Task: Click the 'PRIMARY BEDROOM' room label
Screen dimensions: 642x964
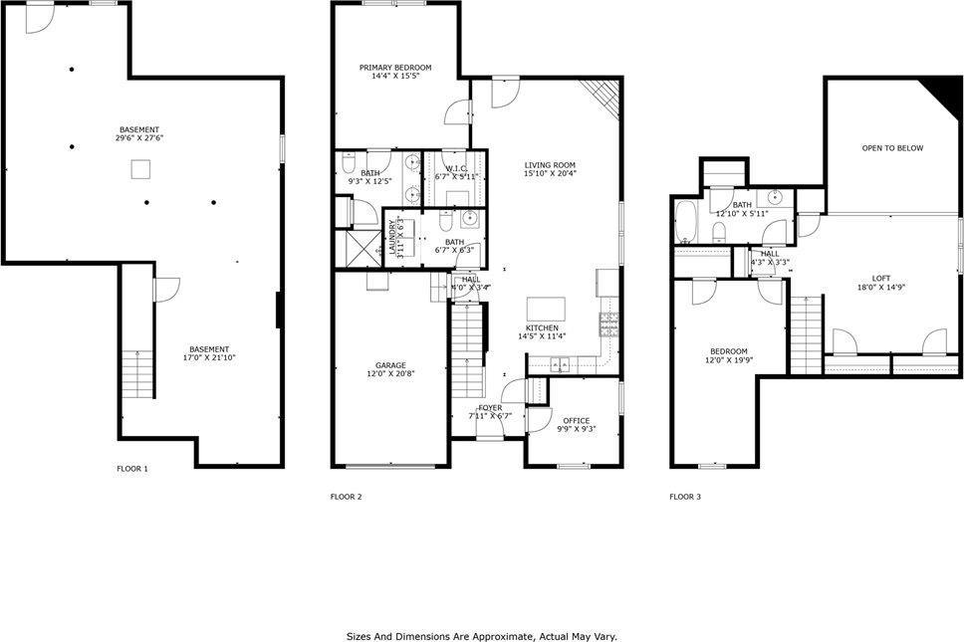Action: click(395, 68)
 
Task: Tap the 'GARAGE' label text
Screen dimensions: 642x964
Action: click(389, 365)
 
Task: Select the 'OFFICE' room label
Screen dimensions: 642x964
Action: click(577, 420)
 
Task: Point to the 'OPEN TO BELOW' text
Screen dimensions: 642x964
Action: click(892, 148)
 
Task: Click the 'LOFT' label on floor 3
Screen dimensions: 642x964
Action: click(881, 279)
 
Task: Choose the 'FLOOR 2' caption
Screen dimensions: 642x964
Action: click(346, 496)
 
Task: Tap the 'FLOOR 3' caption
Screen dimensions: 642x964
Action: click(685, 496)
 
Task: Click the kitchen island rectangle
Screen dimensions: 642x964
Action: click(546, 306)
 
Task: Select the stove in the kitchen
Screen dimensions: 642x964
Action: click(607, 323)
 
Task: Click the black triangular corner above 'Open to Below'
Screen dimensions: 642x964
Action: click(941, 96)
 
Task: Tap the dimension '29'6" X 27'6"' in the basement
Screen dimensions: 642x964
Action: click(138, 138)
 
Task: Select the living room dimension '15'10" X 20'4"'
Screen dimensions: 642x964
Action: click(550, 174)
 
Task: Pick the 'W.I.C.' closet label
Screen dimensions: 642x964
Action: click(457, 168)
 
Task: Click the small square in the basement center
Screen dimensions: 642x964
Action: click(138, 171)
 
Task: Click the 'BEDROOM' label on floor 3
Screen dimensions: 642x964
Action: click(728, 351)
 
